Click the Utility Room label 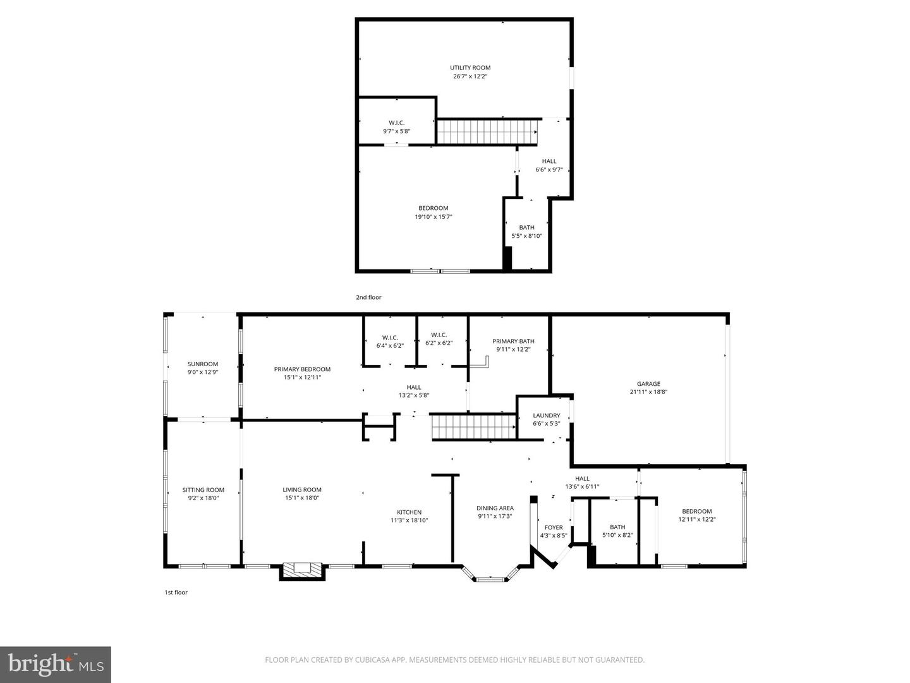(x=470, y=68)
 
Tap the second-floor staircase (x=487, y=132)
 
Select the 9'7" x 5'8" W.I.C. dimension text (x=396, y=132)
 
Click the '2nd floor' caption (x=368, y=297)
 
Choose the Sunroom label (x=202, y=364)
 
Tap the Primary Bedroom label (x=302, y=369)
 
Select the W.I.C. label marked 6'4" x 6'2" (x=390, y=338)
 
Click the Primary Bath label (x=513, y=341)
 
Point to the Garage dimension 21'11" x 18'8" (x=648, y=392)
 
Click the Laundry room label (x=546, y=415)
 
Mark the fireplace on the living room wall (x=302, y=570)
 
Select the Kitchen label (x=409, y=512)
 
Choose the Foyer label (x=554, y=527)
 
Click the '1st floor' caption (x=176, y=593)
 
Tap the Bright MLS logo (x=56, y=664)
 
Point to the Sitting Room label (x=203, y=490)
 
